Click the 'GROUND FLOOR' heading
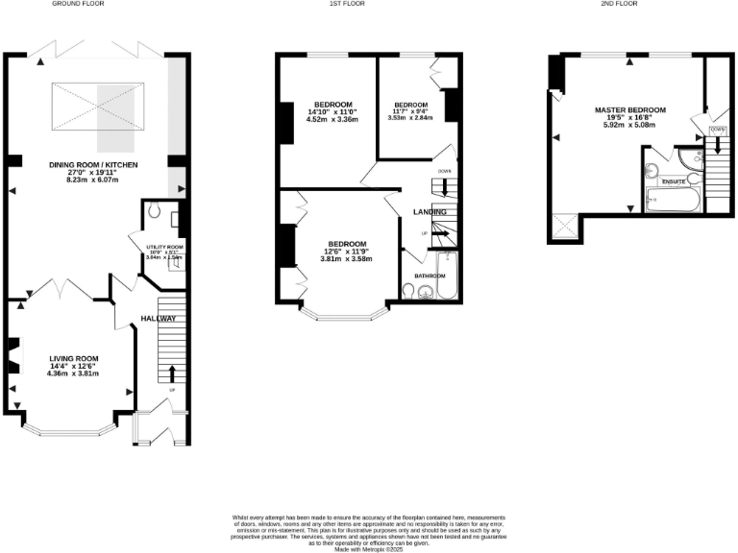[78, 5]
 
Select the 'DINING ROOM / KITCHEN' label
[93, 165]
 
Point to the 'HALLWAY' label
[159, 319]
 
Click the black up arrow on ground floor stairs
[173, 373]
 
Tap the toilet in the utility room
[153, 215]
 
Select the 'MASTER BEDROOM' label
[629, 110]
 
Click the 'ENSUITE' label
[674, 180]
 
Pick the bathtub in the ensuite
[674, 201]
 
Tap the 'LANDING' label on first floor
[430, 211]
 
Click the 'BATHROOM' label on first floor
[430, 276]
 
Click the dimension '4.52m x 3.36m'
[332, 120]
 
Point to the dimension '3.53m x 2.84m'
[410, 118]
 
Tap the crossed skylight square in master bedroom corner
[564, 226]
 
